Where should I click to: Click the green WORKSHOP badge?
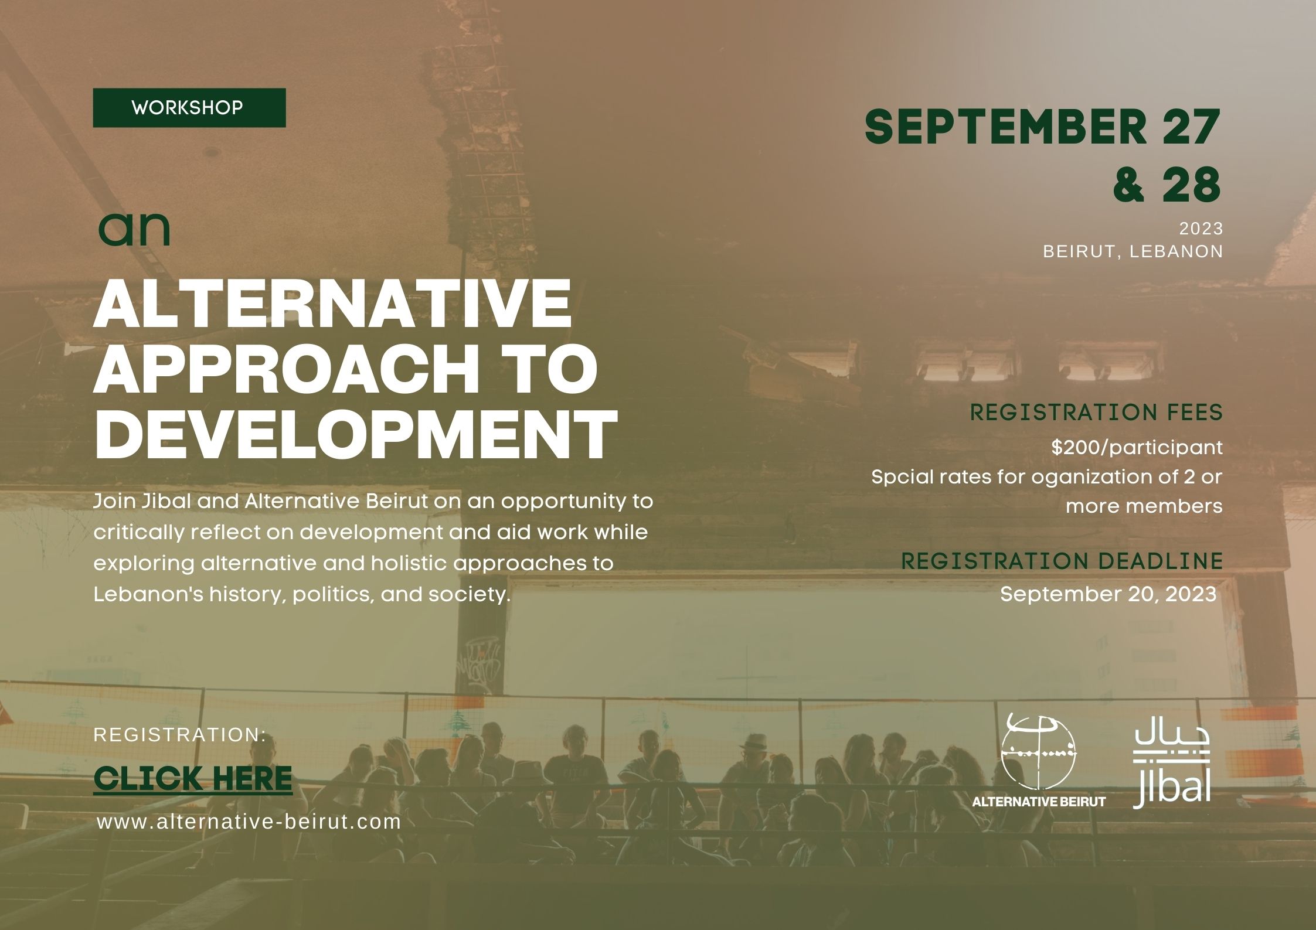(189, 108)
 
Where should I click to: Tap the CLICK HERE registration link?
(193, 778)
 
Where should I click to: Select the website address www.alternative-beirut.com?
(249, 822)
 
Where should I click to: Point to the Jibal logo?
(1172, 768)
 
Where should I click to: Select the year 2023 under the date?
(1201, 228)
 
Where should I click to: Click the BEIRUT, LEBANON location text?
(1133, 251)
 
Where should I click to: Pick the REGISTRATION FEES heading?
(1097, 413)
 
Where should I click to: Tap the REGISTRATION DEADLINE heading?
(1062, 561)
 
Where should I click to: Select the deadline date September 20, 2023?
(1108, 594)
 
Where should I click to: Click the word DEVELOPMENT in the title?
(355, 434)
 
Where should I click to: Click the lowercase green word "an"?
(134, 230)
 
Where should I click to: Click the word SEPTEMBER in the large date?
(1005, 127)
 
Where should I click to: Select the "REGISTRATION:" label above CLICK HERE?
(180, 735)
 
